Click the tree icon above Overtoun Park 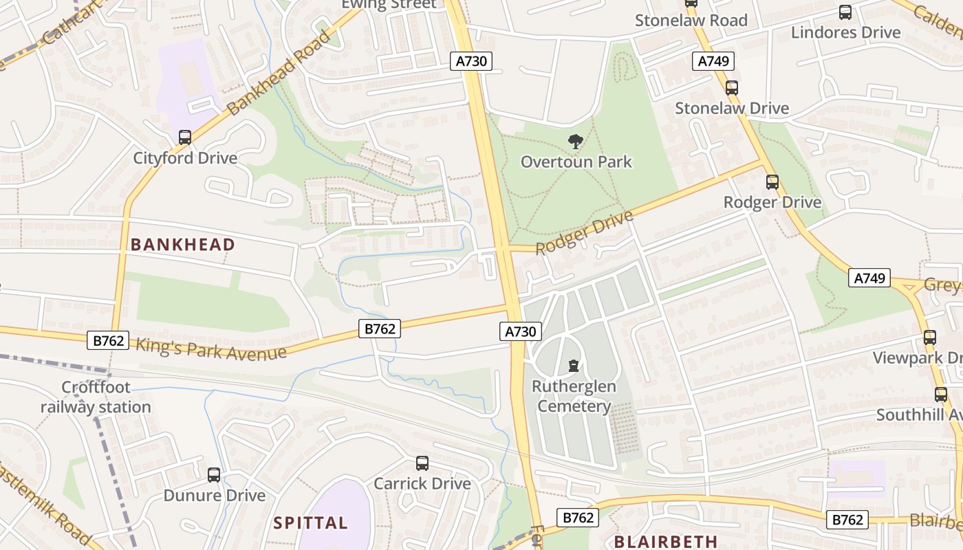575,142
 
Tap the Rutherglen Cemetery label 574,397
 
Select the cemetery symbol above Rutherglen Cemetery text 574,365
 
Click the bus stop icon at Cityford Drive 184,137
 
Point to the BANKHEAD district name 182,245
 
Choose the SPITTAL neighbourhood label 310,523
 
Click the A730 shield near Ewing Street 471,61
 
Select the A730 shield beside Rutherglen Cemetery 520,332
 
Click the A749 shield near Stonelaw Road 713,61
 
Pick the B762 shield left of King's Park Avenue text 108,340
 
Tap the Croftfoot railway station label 96,397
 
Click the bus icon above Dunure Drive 214,474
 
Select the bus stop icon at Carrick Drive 422,463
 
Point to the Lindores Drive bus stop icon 845,12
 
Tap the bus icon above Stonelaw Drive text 732,88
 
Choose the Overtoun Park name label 576,162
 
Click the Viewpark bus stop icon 930,338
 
